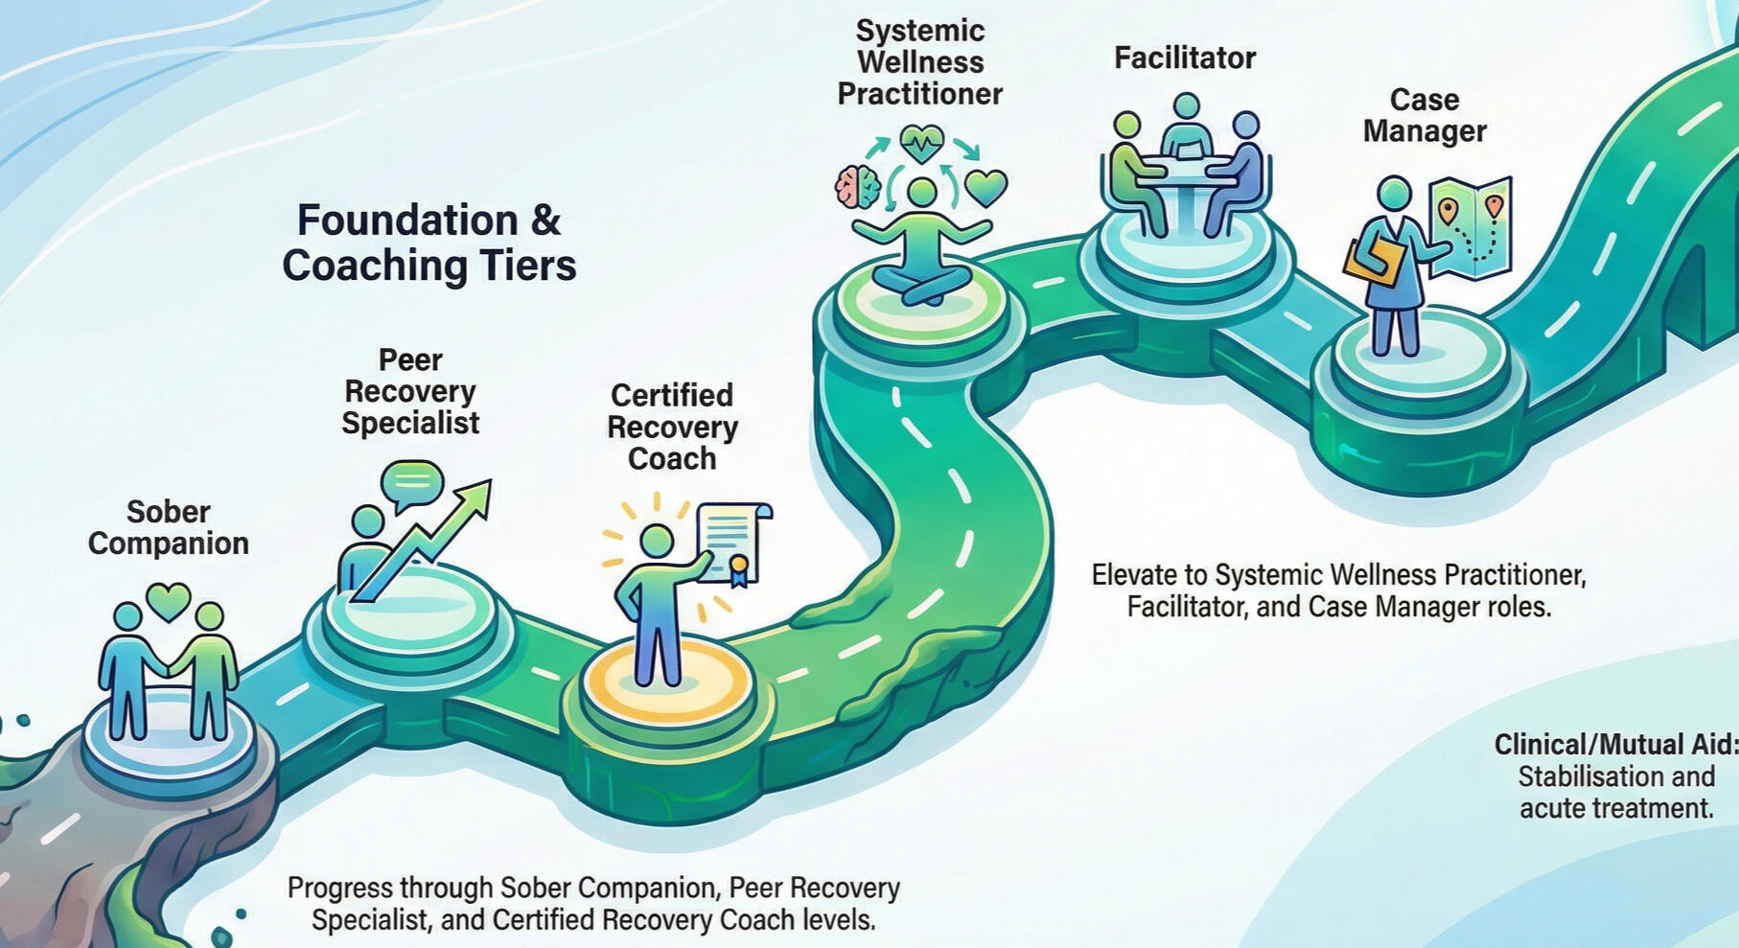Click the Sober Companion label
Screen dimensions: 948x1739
pos(169,527)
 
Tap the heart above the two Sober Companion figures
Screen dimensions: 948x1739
pos(169,601)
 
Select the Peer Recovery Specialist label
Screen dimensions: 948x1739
pos(410,392)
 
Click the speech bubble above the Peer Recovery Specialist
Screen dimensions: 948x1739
pos(411,479)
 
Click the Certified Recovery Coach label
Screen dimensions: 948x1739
pos(672,427)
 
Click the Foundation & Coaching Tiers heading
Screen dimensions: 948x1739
pos(429,243)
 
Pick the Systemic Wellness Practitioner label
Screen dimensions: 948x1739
pos(920,62)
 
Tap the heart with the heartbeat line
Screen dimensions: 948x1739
pos(922,145)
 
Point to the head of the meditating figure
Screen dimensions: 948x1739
pos(922,193)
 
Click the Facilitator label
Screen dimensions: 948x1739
pos(1185,58)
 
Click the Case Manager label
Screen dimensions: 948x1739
pos(1425,115)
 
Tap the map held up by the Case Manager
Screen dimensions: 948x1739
pos(1472,225)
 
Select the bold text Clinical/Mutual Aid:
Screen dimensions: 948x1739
pos(1615,745)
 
